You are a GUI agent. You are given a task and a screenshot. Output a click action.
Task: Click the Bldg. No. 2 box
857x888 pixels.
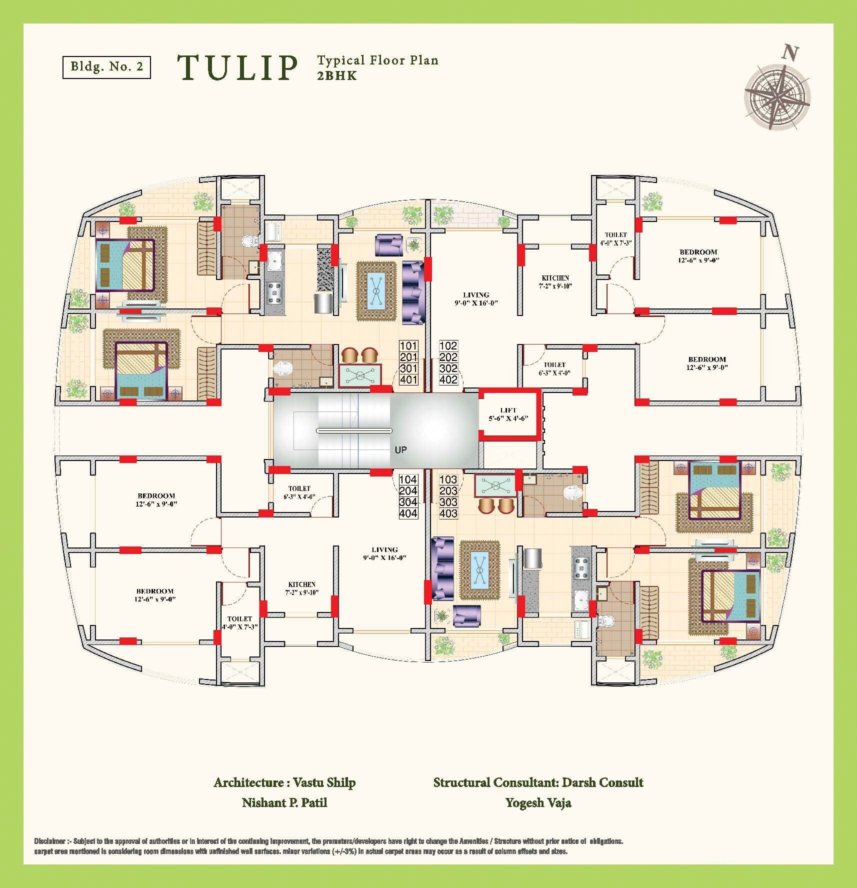click(x=106, y=66)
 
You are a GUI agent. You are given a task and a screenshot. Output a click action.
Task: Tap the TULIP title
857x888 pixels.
click(x=237, y=68)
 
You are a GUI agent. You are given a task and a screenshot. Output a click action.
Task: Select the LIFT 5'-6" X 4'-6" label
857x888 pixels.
click(x=508, y=414)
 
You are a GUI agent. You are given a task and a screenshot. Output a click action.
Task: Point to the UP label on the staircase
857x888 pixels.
click(x=400, y=450)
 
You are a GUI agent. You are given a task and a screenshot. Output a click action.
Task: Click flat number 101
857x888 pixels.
click(x=408, y=346)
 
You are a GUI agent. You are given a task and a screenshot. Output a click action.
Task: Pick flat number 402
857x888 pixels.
click(x=448, y=379)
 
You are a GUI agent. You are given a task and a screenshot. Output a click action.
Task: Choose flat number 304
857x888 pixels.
click(x=408, y=502)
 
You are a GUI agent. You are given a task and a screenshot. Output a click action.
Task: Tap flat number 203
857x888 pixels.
click(x=448, y=490)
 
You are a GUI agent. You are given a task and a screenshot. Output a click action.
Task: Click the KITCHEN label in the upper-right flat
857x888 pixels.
click(x=555, y=282)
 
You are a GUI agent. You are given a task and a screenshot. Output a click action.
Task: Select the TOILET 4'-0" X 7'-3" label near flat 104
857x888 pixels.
click(x=239, y=622)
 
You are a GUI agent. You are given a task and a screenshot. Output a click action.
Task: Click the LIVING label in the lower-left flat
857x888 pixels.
click(x=384, y=553)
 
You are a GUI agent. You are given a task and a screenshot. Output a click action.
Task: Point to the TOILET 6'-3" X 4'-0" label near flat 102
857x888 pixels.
click(x=554, y=368)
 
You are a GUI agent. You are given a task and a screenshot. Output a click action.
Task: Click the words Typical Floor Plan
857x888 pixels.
click(x=377, y=60)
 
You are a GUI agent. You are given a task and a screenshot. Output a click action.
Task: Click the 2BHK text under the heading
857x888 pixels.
click(x=337, y=76)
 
